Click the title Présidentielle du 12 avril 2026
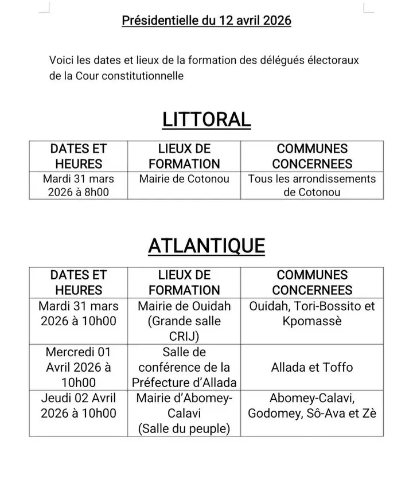coord(206,21)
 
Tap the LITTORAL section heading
coord(206,119)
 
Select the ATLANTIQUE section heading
coord(206,246)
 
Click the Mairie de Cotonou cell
coord(184,179)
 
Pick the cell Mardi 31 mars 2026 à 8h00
coord(79,185)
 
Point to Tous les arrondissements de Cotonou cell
coord(312,185)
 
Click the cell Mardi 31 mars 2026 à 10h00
coord(79,313)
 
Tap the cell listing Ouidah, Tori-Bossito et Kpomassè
coord(312,313)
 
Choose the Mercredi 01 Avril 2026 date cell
coord(79,367)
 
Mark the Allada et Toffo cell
coord(312,367)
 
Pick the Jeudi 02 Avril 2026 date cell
coord(79,406)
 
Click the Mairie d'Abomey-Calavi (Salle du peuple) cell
coord(184,412)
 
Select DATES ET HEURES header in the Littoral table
coord(79,156)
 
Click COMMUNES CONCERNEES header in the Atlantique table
coord(312,283)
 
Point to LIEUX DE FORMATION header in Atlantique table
coord(184,283)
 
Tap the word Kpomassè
coord(312,321)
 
